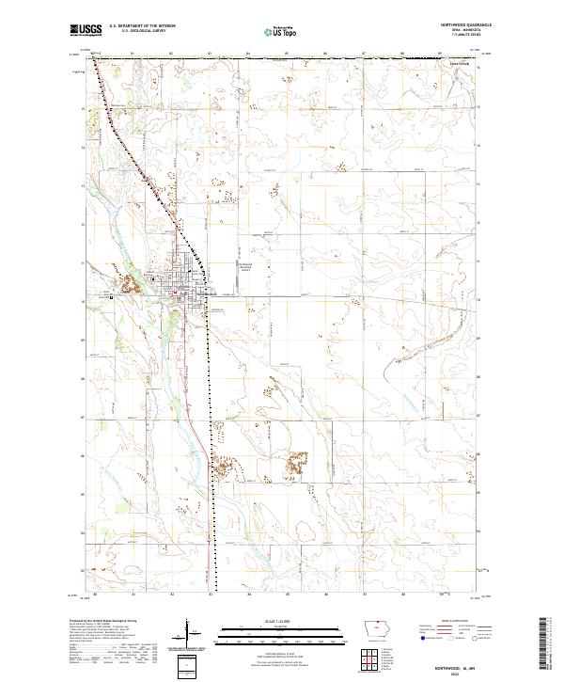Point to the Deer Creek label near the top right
tap(460, 64)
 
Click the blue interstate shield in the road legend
tap(419, 639)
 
